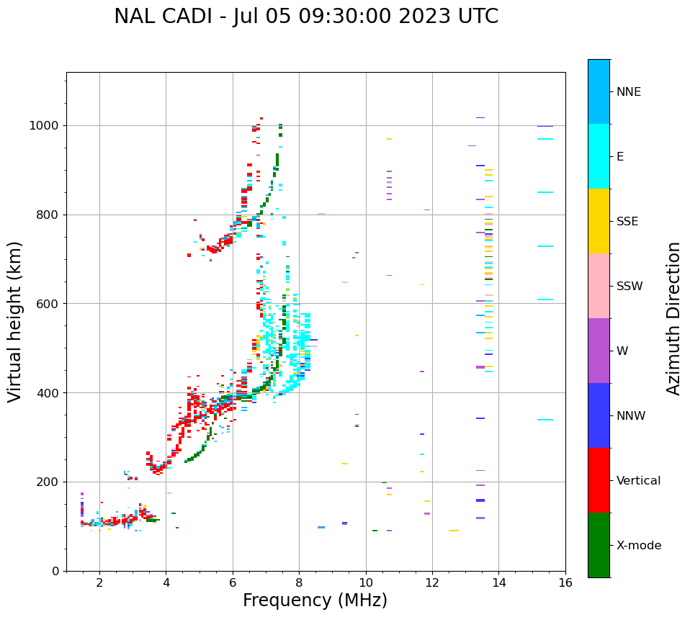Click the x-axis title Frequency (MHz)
click(x=315, y=600)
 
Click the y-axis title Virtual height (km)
click(x=15, y=322)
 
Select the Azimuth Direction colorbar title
click(x=673, y=318)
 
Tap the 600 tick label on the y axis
click(x=50, y=304)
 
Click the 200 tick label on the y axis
click(x=50, y=482)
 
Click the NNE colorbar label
click(x=629, y=91)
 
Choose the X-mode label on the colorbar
click(x=639, y=545)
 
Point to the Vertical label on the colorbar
click(x=639, y=480)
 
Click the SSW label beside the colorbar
click(x=629, y=286)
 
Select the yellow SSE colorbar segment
click(x=599, y=221)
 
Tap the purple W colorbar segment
click(x=599, y=351)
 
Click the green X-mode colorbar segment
click(x=599, y=545)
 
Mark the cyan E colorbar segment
click(x=599, y=156)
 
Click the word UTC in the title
click(x=474, y=17)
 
